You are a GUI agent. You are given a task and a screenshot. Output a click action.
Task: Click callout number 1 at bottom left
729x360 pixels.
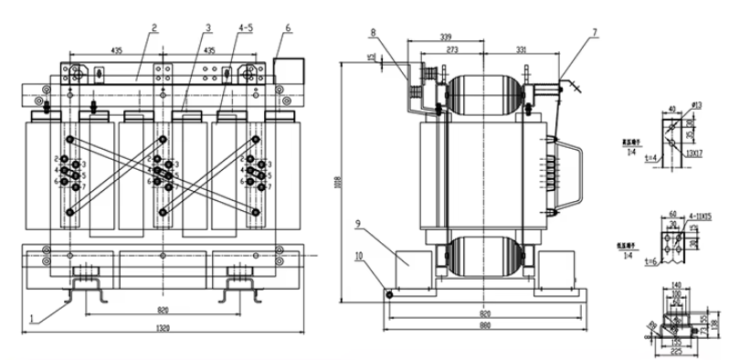34,318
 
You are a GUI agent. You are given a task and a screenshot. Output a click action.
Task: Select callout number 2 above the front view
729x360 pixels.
154,27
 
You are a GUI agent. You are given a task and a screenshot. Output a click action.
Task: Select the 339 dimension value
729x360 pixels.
445,37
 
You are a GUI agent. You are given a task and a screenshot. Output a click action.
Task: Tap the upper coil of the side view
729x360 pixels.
485,89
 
